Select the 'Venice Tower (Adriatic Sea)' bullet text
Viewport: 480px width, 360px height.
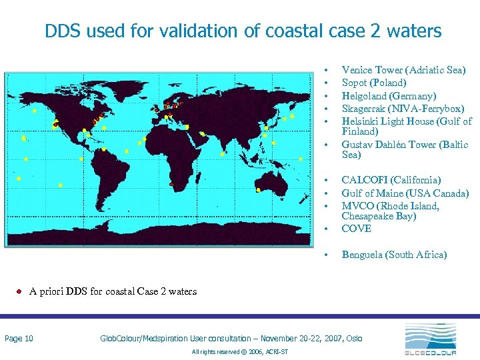tap(403, 70)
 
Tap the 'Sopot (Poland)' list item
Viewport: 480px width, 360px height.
tap(373, 83)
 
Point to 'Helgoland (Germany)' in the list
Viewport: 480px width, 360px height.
tap(389, 95)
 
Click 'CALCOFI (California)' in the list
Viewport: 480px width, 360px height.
tap(391, 180)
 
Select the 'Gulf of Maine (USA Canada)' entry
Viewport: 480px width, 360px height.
tap(405, 193)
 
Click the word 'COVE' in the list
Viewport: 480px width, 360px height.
tap(356, 229)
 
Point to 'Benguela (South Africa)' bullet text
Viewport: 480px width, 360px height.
tap(394, 255)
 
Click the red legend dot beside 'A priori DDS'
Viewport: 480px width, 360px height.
tap(20, 291)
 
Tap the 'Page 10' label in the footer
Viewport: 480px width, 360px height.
tap(19, 339)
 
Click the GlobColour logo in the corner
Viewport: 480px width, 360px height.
tap(429, 339)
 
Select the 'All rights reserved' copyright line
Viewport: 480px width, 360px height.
tap(239, 351)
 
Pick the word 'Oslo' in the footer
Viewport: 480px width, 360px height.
tap(354, 339)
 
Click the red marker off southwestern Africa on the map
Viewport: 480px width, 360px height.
tap(171, 184)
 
